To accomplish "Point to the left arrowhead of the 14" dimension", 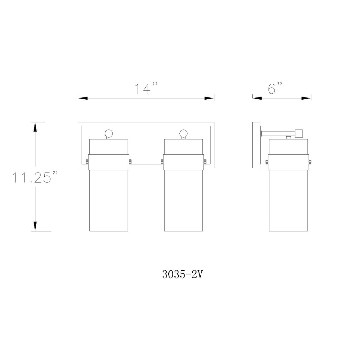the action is [83, 98].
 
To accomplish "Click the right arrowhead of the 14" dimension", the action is [209, 98].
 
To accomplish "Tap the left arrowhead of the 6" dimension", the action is [257, 98].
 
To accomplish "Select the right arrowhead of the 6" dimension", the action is [306, 98].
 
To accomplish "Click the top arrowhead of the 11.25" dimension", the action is [35, 127].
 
